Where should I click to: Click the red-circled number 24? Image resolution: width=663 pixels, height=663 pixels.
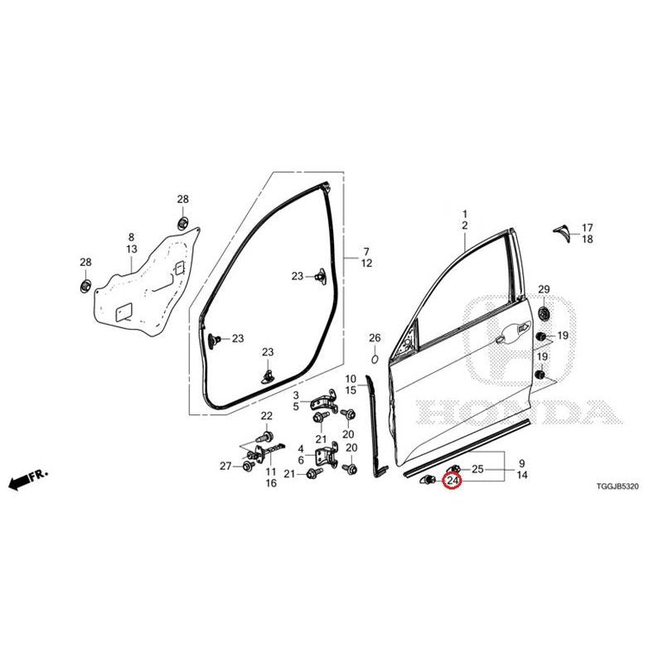pos(452,481)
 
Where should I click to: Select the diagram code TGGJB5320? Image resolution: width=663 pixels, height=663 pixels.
pos(617,486)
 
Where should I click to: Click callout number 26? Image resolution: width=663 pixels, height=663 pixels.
pos(375,338)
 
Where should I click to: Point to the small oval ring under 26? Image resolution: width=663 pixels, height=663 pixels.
pos(375,360)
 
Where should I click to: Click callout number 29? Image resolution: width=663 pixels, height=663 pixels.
pos(544,289)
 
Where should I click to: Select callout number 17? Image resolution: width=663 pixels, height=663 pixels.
pos(588,227)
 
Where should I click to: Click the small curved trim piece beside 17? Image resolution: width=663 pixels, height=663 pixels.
pos(564,234)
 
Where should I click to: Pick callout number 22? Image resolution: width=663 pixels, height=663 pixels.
pos(266,416)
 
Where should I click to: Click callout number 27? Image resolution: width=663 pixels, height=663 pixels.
pos(225,466)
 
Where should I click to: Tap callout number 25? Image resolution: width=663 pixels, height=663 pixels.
pos(477,469)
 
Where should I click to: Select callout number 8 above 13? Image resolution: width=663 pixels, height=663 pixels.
pos(131,237)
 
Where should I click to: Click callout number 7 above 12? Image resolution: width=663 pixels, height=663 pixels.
pos(366,252)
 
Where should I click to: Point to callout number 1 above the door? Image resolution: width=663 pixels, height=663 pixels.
pos(465,214)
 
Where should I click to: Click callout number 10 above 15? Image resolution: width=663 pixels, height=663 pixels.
pos(351,379)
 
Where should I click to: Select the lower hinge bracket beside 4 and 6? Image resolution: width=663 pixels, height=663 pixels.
pos(327,456)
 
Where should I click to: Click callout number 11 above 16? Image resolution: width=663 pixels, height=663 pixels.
pos(271,472)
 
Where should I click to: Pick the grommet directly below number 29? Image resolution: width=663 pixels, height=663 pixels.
pos(543,314)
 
